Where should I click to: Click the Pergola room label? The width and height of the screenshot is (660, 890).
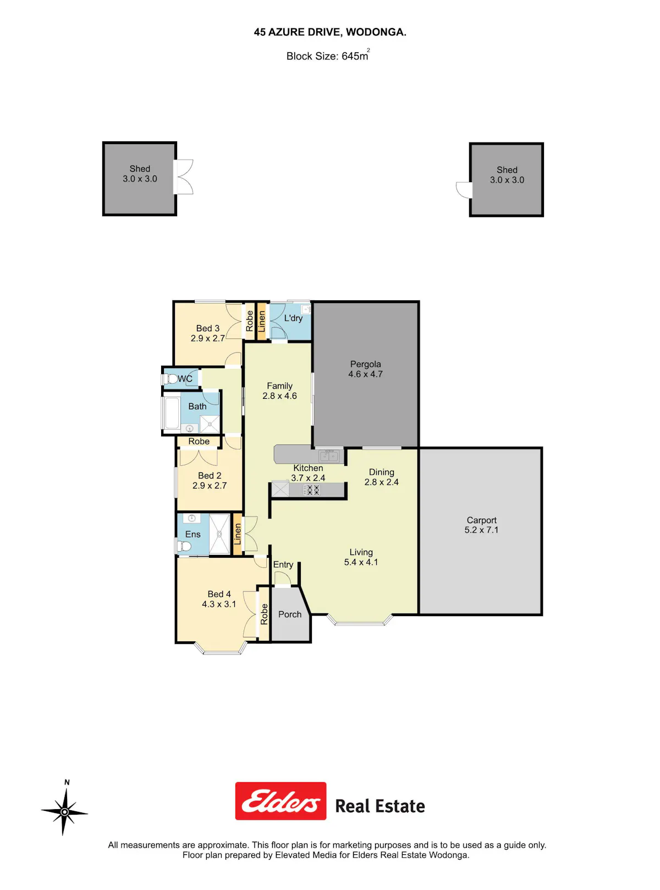pyautogui.click(x=365, y=364)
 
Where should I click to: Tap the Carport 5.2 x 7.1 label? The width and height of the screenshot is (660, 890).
pyautogui.click(x=481, y=525)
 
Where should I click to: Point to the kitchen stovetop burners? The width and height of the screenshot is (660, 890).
pyautogui.click(x=311, y=490)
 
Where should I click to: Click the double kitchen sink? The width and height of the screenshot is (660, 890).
pyautogui.click(x=329, y=456)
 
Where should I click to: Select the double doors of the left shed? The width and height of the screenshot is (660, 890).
pyautogui.click(x=184, y=177)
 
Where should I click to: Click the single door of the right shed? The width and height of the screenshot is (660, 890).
pyautogui.click(x=464, y=190)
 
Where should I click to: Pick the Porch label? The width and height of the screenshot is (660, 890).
pyautogui.click(x=290, y=614)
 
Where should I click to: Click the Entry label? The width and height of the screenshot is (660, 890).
pyautogui.click(x=283, y=564)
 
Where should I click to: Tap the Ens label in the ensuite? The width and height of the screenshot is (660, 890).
pyautogui.click(x=193, y=534)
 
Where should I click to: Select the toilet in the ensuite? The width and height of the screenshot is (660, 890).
pyautogui.click(x=183, y=546)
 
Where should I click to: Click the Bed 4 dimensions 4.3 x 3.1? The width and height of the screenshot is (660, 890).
pyautogui.click(x=219, y=604)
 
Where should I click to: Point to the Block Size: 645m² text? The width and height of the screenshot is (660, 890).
pyautogui.click(x=328, y=55)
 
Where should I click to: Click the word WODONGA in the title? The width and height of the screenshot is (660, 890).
pyautogui.click(x=376, y=32)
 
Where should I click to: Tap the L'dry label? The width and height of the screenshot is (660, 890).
pyautogui.click(x=293, y=318)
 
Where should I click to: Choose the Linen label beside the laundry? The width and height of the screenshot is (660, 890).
pyautogui.click(x=262, y=321)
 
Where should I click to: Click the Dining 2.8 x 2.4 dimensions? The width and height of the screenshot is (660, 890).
pyautogui.click(x=381, y=482)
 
